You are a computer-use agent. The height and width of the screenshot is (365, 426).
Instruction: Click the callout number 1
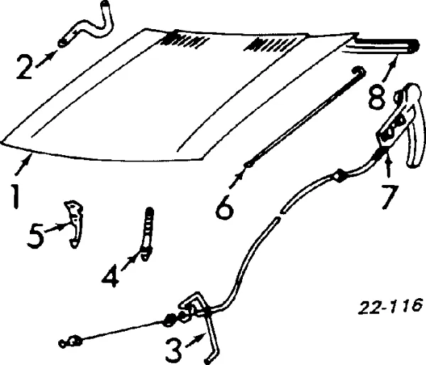point(16,196)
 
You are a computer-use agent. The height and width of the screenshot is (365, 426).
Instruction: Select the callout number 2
point(25,67)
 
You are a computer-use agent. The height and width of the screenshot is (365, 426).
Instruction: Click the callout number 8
point(378,96)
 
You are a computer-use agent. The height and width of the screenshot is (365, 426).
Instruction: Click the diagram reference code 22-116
point(390,307)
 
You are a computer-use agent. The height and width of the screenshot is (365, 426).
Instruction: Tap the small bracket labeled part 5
point(74,224)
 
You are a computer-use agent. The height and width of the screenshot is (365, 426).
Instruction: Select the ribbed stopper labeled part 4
point(147,234)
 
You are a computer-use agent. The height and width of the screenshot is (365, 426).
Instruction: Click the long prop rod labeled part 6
point(305,117)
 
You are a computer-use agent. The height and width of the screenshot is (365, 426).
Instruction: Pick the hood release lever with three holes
point(399,125)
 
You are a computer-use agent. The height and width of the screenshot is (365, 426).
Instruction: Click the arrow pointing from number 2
point(47,59)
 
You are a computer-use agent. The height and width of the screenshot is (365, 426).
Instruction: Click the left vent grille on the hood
point(185,41)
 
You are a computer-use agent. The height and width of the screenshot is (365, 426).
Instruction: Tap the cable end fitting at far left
point(70,342)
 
